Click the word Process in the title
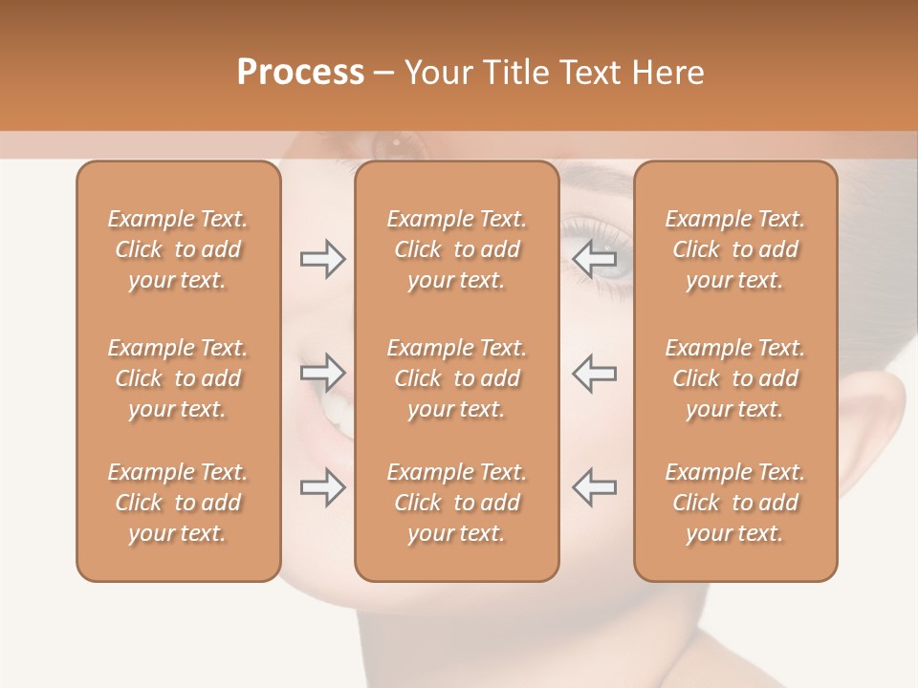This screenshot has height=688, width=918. [x=300, y=73]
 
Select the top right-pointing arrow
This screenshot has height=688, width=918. [x=322, y=258]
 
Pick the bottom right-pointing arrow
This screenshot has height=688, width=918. [x=322, y=487]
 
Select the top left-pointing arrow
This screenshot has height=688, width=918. [x=594, y=258]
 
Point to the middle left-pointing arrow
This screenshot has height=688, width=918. [x=594, y=374]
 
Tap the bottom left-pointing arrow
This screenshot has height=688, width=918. [x=594, y=487]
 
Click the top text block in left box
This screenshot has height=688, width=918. [x=178, y=249]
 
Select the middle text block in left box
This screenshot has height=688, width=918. [x=178, y=378]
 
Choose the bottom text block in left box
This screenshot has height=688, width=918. [x=178, y=503]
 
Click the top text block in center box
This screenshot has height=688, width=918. [x=457, y=249]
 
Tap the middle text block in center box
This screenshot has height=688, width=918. [x=457, y=378]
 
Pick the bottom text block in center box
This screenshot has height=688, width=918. [x=457, y=503]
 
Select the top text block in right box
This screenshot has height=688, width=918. [x=735, y=249]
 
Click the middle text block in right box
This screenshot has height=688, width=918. [x=735, y=378]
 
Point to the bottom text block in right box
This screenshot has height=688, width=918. [x=735, y=503]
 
